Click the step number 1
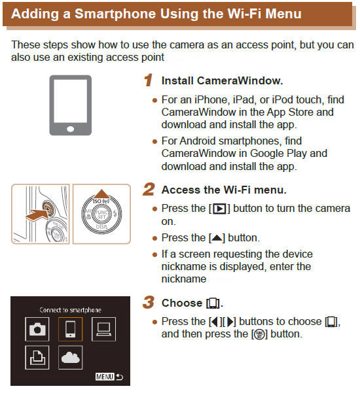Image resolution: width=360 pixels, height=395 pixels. [149, 80]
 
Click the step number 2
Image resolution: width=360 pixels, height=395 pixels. [149, 190]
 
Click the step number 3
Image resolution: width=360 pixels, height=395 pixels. [149, 303]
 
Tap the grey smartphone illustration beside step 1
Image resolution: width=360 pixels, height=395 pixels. [70, 104]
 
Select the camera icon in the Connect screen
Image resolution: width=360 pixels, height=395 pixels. [38, 329]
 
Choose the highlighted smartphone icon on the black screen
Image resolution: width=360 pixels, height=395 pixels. [69, 329]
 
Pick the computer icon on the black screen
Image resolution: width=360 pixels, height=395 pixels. [102, 329]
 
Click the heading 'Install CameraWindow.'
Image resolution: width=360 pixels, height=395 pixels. [222, 81]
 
